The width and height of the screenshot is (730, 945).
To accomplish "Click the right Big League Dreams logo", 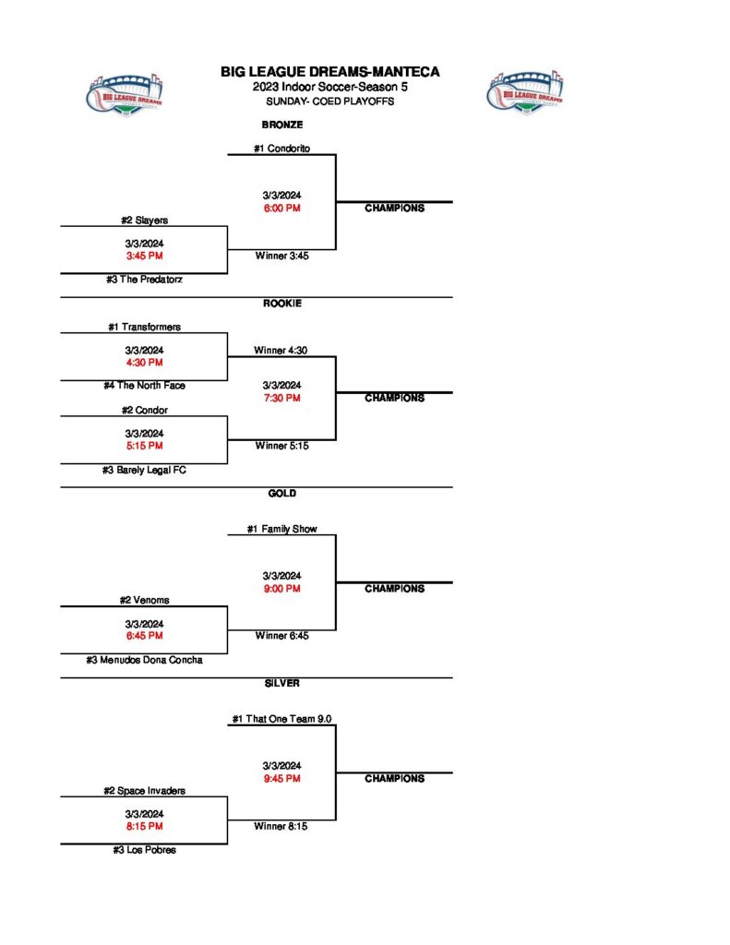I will (524, 91).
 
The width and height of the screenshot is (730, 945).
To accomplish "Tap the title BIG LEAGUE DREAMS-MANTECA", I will (329, 72).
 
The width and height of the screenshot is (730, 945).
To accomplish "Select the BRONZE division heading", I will (282, 125).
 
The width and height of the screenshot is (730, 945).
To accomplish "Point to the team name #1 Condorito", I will (281, 148).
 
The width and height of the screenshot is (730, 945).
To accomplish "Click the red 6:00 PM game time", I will (281, 208).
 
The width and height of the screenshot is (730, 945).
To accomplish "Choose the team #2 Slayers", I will (144, 221).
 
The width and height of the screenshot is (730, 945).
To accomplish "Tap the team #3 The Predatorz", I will (144, 280).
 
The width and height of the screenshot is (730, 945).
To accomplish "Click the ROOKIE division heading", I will (282, 304).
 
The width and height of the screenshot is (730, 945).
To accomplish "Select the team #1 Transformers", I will (144, 327).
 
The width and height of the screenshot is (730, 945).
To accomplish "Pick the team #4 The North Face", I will (144, 386).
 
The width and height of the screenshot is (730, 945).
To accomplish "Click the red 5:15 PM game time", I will (144, 446).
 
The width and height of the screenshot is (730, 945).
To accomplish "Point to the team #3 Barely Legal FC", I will (144, 470).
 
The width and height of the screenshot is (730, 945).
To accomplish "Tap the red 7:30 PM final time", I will (281, 398).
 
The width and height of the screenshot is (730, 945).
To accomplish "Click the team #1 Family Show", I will (281, 529).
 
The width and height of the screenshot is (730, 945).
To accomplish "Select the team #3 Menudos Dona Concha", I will (144, 660).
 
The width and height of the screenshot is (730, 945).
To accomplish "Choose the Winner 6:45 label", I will (281, 636).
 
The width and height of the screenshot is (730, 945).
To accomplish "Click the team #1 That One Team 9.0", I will (281, 719).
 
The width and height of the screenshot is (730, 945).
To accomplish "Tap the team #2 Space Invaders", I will (144, 791).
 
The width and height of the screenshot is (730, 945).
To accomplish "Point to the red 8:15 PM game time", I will (144, 827).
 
